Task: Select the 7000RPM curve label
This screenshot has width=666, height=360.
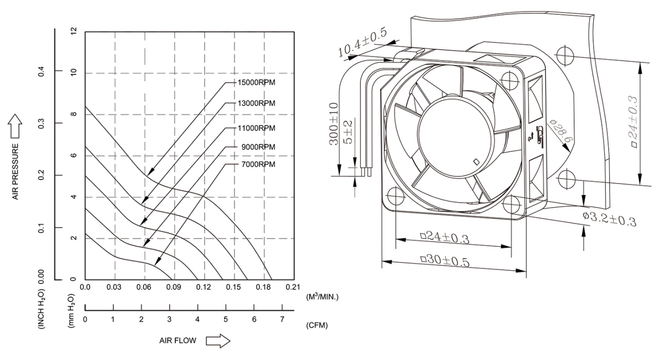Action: [257, 164]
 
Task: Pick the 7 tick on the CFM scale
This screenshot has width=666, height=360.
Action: [281, 319]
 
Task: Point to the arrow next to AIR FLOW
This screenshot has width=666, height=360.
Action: [218, 341]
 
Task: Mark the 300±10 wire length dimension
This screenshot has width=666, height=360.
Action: [334, 124]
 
